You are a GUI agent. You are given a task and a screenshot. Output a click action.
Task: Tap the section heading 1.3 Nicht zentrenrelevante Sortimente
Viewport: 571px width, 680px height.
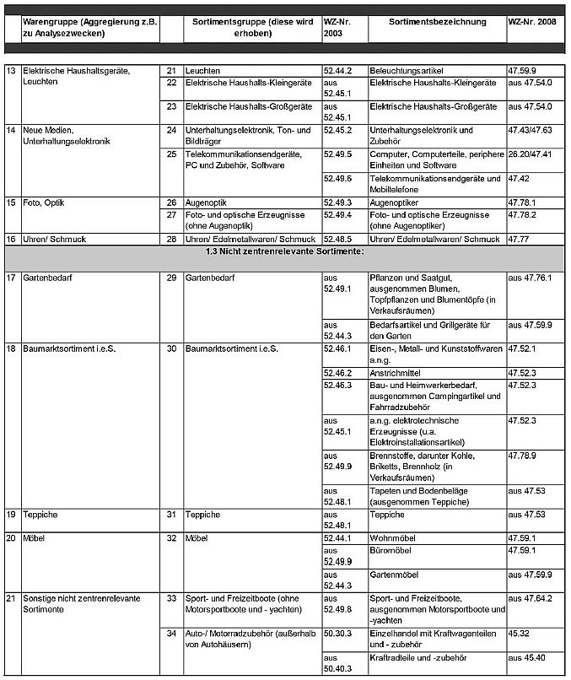[x=285, y=252]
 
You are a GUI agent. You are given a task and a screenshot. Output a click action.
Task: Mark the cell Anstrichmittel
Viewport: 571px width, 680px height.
[x=400, y=371]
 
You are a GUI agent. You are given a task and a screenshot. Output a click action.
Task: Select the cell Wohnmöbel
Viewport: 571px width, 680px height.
[x=393, y=537]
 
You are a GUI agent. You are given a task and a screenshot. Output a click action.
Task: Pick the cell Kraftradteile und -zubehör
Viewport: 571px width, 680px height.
[x=418, y=657]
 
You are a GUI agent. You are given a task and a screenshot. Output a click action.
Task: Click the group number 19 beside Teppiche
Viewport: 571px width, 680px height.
[x=12, y=514]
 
